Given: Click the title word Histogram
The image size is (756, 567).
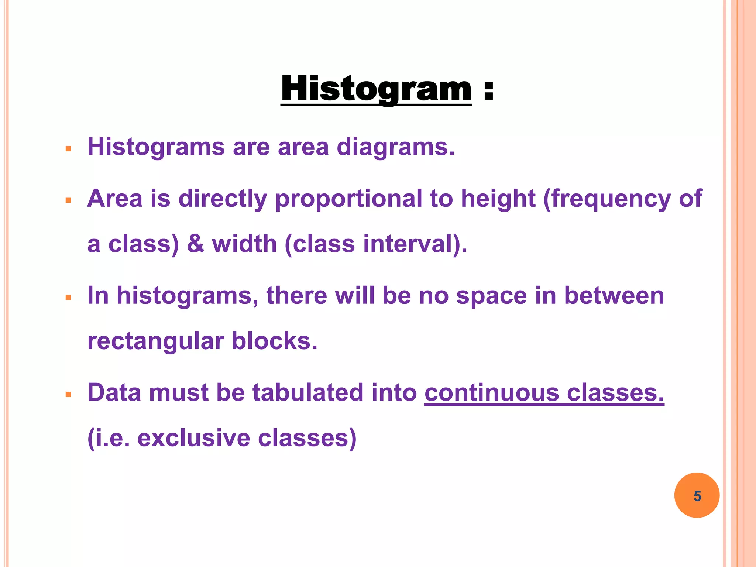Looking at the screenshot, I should tap(376, 89).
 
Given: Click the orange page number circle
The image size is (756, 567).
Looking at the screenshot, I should tap(697, 495).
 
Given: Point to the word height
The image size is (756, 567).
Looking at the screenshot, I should tap(498, 199).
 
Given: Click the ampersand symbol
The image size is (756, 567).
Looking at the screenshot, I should tap(195, 244).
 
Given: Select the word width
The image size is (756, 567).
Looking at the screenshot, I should tap(244, 244).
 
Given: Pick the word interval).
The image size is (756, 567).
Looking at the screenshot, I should tap(415, 244).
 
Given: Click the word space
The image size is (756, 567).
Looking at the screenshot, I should tap(491, 296).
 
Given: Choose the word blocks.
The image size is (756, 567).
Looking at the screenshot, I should tap(274, 341).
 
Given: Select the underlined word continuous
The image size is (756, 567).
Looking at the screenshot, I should tap(491, 392).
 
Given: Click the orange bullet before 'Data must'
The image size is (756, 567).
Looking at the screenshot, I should tap(68, 395).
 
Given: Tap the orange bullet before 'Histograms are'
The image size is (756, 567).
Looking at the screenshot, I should tap(68, 149).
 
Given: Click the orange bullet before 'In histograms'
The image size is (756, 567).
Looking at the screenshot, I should tap(68, 298).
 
